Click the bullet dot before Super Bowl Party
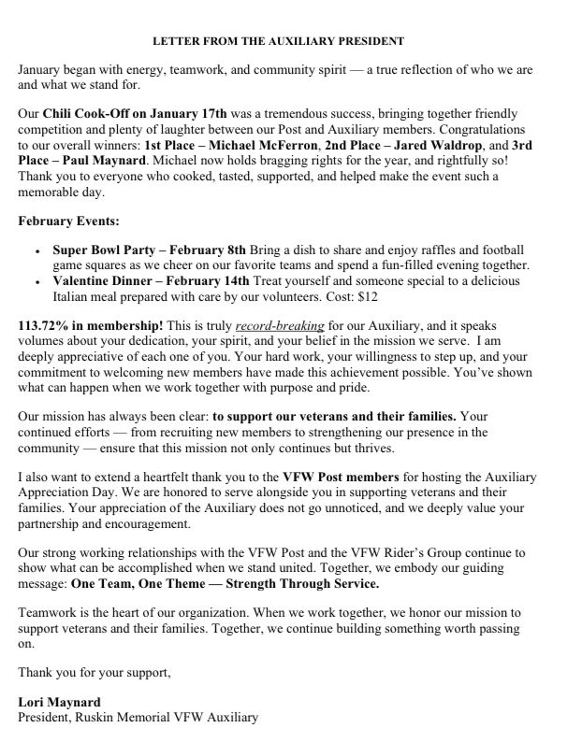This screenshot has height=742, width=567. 36,251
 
